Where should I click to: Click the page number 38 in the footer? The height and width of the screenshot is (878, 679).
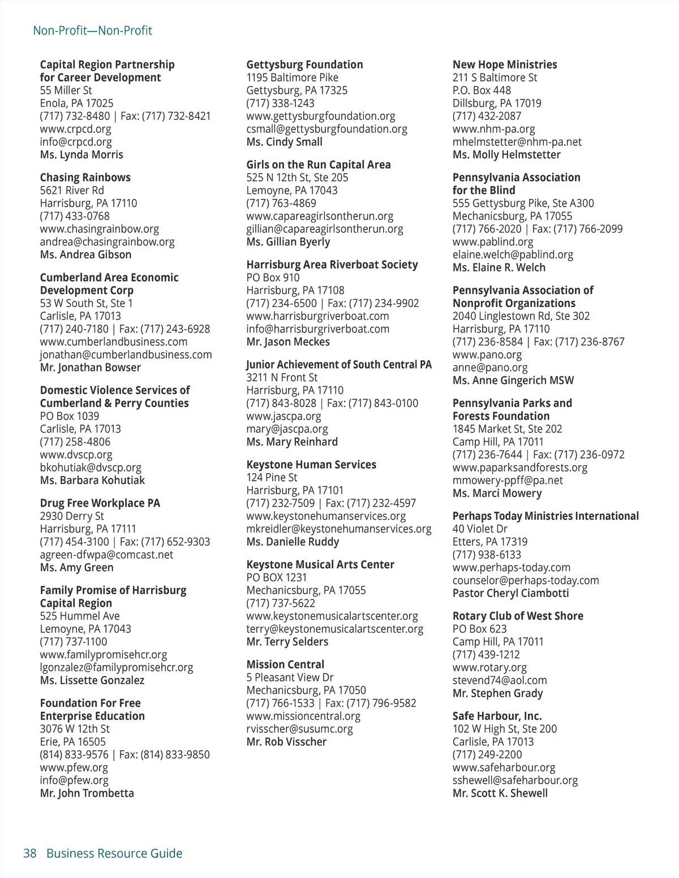point(30,853)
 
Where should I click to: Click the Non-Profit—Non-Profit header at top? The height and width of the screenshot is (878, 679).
point(92,31)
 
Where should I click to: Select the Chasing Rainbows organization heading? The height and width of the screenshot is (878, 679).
point(85,178)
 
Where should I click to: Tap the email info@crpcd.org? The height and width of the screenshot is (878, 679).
point(76,142)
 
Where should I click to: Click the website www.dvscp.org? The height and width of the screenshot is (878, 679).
point(76,455)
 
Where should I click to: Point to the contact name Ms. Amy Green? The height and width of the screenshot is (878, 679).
point(76,568)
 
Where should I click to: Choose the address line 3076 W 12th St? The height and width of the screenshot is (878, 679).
point(75,729)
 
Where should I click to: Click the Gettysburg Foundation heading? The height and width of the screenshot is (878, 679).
point(304,64)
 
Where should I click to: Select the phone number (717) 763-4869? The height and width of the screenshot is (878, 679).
point(281,203)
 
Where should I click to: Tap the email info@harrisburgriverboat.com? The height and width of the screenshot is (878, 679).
point(317,329)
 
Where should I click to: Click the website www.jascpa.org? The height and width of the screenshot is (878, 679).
point(283,416)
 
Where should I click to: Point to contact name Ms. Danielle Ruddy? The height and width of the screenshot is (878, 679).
point(293,542)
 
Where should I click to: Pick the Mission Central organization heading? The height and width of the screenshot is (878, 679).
point(285,664)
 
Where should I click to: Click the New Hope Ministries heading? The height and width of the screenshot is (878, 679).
point(505,64)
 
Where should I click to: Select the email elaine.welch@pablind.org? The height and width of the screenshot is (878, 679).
point(513,254)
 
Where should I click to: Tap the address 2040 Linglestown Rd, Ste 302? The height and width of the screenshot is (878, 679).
point(521,316)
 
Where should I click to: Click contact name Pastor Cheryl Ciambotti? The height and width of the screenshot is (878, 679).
point(510,593)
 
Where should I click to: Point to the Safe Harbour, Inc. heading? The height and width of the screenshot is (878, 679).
point(497,716)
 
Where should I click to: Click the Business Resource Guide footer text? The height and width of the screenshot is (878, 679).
point(114,853)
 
